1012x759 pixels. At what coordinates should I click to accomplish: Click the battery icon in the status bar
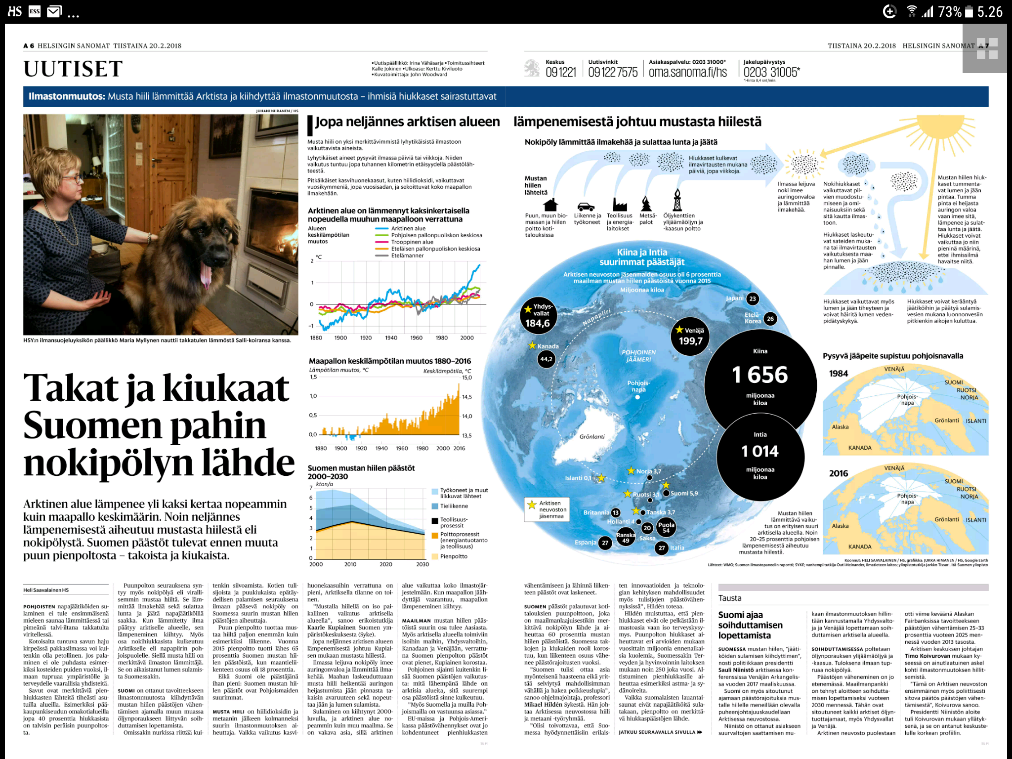969,11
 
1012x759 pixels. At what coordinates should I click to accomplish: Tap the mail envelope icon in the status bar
54,11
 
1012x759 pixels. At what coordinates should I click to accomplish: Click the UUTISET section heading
73,69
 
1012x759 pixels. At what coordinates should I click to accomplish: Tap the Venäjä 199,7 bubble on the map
690,337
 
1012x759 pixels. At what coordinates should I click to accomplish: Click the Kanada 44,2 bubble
546,359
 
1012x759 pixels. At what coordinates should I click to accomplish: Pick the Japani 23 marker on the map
752,298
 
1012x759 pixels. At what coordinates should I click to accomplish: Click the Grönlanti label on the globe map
592,436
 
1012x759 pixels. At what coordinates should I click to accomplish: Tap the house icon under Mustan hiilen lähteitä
550,205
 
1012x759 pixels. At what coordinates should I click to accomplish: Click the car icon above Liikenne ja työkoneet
586,206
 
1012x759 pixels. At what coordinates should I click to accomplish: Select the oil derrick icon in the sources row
677,200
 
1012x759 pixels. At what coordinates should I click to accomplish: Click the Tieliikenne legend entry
454,506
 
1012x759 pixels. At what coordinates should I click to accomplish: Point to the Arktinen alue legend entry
408,228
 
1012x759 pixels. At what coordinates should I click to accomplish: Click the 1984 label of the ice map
839,374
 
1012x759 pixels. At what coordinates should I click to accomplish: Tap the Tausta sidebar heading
730,598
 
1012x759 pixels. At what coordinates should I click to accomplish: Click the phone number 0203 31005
771,72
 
